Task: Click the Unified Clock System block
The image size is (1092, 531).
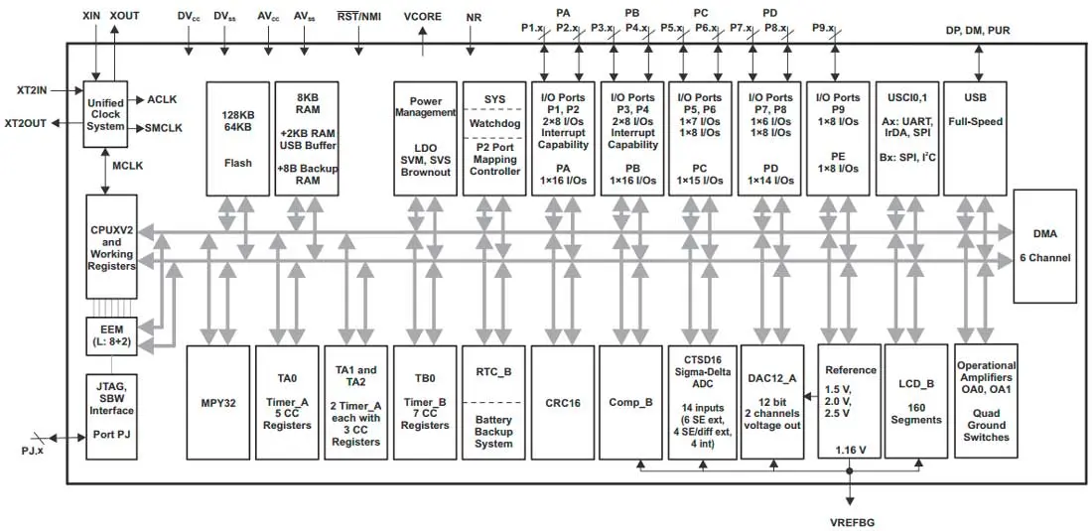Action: [x=105, y=115]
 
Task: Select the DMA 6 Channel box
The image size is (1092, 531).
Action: [x=1044, y=246]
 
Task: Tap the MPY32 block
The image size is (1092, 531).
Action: [x=217, y=401]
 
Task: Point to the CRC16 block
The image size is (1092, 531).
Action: [x=563, y=401]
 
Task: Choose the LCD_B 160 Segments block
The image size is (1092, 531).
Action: [x=916, y=401]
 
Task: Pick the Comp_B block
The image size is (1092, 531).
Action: [x=630, y=401]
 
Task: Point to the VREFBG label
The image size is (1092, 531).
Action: [x=851, y=521]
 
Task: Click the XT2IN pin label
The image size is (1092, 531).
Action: [x=26, y=89]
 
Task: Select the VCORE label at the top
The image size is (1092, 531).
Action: [x=424, y=17]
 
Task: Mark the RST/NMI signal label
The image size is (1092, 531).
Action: [x=358, y=17]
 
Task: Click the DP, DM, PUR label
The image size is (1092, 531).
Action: [x=978, y=31]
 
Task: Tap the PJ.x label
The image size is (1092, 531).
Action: [x=32, y=453]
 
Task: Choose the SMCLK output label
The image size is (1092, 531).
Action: [x=163, y=128]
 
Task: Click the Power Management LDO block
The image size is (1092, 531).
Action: [x=425, y=137]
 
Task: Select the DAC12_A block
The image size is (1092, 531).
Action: [x=771, y=401]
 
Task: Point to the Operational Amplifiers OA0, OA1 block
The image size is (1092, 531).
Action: [x=986, y=401]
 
